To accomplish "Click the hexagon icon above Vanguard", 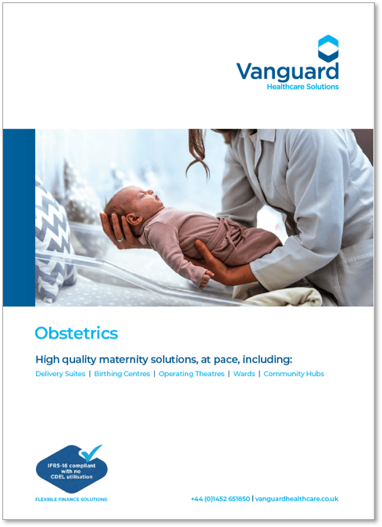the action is (x=328, y=48).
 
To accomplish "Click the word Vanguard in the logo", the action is (x=287, y=72).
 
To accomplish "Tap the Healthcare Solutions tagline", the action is (x=302, y=87).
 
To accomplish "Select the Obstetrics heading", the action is (x=77, y=333).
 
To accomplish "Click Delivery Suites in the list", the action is (x=60, y=374).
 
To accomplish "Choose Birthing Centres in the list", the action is (x=122, y=374).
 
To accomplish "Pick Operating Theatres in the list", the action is (x=191, y=374).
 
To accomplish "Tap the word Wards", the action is (x=244, y=374).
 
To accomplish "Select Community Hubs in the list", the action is (x=294, y=374).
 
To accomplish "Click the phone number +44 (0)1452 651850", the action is (x=220, y=499).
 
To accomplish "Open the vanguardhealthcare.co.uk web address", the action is (x=297, y=499).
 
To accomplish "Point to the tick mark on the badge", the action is (x=90, y=453).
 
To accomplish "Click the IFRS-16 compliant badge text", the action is (x=71, y=471).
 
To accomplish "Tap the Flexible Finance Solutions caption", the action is (x=71, y=500).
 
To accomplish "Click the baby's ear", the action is (x=134, y=220).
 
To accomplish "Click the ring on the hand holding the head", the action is (x=120, y=239).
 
